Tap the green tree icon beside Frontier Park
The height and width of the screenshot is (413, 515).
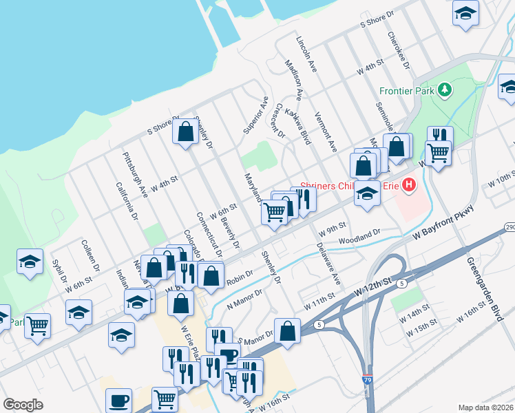click(445, 89)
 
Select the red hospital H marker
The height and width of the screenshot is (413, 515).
click(410, 184)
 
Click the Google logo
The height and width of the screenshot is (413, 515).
click(23, 405)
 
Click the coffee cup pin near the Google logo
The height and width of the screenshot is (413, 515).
click(118, 400)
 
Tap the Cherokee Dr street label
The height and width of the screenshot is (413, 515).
click(399, 51)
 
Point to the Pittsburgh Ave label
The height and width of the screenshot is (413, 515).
click(134, 175)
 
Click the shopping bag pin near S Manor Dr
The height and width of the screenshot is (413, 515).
click(287, 330)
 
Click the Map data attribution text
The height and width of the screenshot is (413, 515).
click(486, 407)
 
